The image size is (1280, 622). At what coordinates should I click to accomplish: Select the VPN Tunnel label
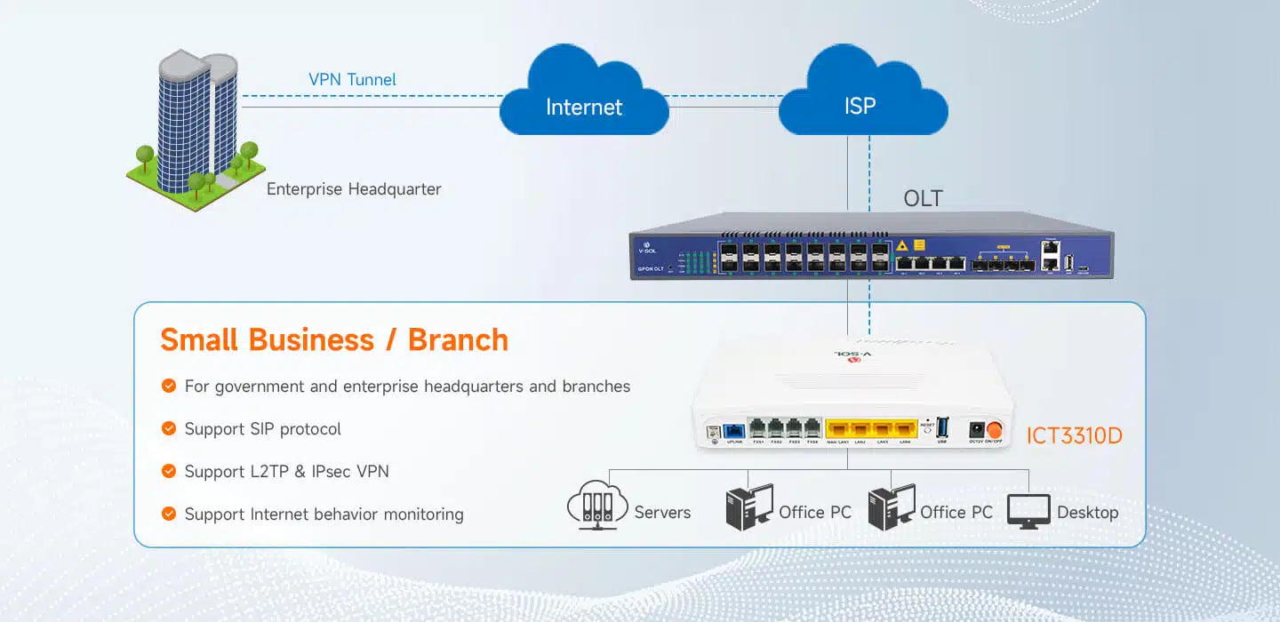[x=352, y=80]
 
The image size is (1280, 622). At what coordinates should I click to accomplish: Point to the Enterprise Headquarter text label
[x=354, y=189]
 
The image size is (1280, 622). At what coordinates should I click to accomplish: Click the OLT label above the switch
[x=923, y=199]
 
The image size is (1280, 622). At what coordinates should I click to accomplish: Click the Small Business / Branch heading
[x=334, y=339]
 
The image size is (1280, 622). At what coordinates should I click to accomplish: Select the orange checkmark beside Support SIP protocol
[x=168, y=428]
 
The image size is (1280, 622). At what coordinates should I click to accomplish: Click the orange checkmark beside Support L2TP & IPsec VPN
[x=168, y=471]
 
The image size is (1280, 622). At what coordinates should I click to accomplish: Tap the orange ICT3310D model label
[x=1074, y=436]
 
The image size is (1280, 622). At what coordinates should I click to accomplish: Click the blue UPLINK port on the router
[x=734, y=428]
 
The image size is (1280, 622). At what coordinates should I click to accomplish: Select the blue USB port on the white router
[x=942, y=426]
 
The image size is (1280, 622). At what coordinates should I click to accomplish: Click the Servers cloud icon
[x=592, y=507]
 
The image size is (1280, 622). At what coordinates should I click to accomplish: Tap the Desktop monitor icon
[x=1028, y=512]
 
